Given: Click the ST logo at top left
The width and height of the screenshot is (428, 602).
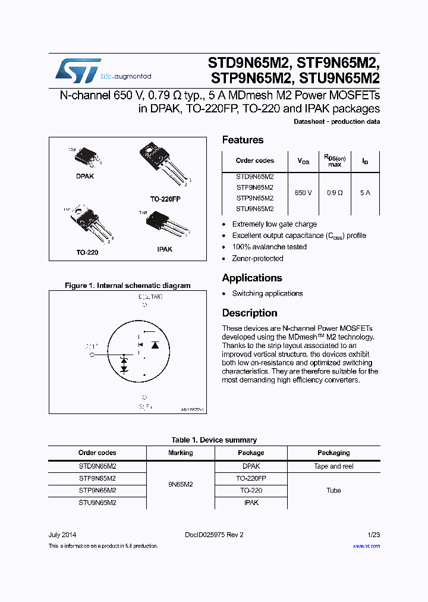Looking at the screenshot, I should tap(78, 70).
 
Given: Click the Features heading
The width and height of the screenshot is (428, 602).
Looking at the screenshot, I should tap(243, 140).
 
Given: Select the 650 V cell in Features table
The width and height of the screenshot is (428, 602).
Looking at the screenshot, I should tap(303, 193).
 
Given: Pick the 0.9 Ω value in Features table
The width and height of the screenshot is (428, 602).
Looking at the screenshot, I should tap(335, 193).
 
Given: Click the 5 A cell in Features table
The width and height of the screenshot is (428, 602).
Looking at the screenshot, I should tap(365, 193).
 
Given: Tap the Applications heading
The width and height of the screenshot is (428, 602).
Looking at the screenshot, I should tap(251, 278).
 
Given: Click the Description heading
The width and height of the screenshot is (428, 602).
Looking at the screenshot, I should tap(250, 313).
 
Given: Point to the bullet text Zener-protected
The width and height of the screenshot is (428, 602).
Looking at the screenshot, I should tap(257, 258).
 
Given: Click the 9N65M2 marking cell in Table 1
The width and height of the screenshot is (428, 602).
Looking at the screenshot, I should tap(180, 484).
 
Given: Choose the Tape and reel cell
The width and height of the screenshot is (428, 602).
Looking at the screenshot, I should tap(333, 466).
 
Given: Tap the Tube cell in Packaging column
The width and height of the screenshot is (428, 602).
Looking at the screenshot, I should tap(333, 490).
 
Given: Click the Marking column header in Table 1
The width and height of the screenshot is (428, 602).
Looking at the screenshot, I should tap(180, 453).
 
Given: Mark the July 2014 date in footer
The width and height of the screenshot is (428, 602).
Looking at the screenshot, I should tap(62, 534).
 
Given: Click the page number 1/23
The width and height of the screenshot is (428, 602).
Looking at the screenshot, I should tap(373, 534).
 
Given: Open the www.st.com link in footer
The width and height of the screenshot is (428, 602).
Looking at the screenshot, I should tap(366, 545).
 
